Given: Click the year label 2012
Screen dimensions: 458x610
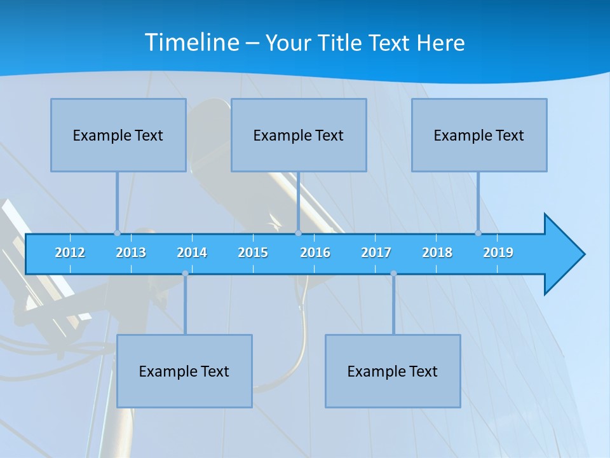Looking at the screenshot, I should pyautogui.click(x=70, y=253).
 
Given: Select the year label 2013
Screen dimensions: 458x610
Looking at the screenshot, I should pyautogui.click(x=131, y=253).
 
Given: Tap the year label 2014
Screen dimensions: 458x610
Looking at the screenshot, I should pyautogui.click(x=192, y=253).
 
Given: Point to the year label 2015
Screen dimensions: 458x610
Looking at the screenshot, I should pyautogui.click(x=253, y=253).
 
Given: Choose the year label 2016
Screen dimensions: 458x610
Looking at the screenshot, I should pyautogui.click(x=315, y=253).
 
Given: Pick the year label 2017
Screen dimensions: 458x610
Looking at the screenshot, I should pyautogui.click(x=376, y=253).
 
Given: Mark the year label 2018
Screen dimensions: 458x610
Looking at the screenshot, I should pyautogui.click(x=437, y=253).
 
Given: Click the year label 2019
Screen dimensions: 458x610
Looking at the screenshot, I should pyautogui.click(x=498, y=253).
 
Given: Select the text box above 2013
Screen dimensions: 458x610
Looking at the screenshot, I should pyautogui.click(x=118, y=135).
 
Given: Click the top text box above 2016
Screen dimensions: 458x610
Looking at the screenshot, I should pyautogui.click(x=299, y=135).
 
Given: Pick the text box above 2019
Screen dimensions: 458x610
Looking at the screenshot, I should pyautogui.click(x=479, y=135).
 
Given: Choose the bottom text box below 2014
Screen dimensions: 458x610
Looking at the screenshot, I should pyautogui.click(x=184, y=371).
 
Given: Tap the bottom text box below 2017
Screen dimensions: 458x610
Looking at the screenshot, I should pyautogui.click(x=393, y=371).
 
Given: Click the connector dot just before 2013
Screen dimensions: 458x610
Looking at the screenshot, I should pyautogui.click(x=117, y=233).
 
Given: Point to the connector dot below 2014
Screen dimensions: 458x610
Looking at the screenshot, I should pyautogui.click(x=185, y=274).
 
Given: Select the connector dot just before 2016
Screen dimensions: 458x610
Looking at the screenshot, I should pyautogui.click(x=298, y=233).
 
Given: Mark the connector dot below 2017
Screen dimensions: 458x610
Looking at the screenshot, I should pyautogui.click(x=393, y=274).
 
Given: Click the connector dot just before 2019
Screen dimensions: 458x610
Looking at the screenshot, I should pyautogui.click(x=478, y=233).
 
